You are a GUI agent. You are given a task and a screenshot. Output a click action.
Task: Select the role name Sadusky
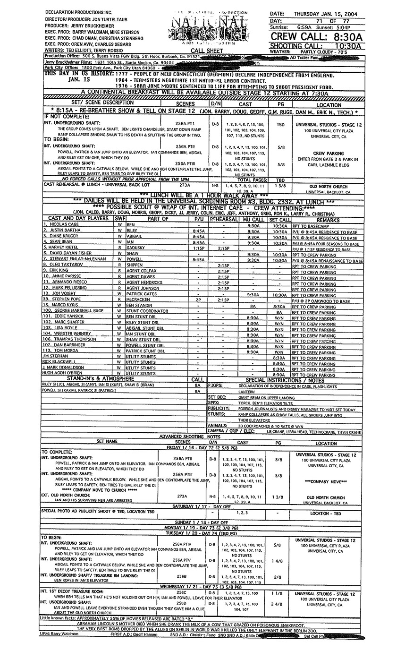pyautogui.click(x=136, y=248)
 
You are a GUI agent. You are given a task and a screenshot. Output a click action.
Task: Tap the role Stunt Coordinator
pyautogui.click(x=147, y=311)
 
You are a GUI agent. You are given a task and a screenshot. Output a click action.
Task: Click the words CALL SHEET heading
pyautogui.click(x=206, y=51)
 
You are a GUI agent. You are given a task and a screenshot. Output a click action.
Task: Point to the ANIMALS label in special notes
pyautogui.click(x=218, y=425)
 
